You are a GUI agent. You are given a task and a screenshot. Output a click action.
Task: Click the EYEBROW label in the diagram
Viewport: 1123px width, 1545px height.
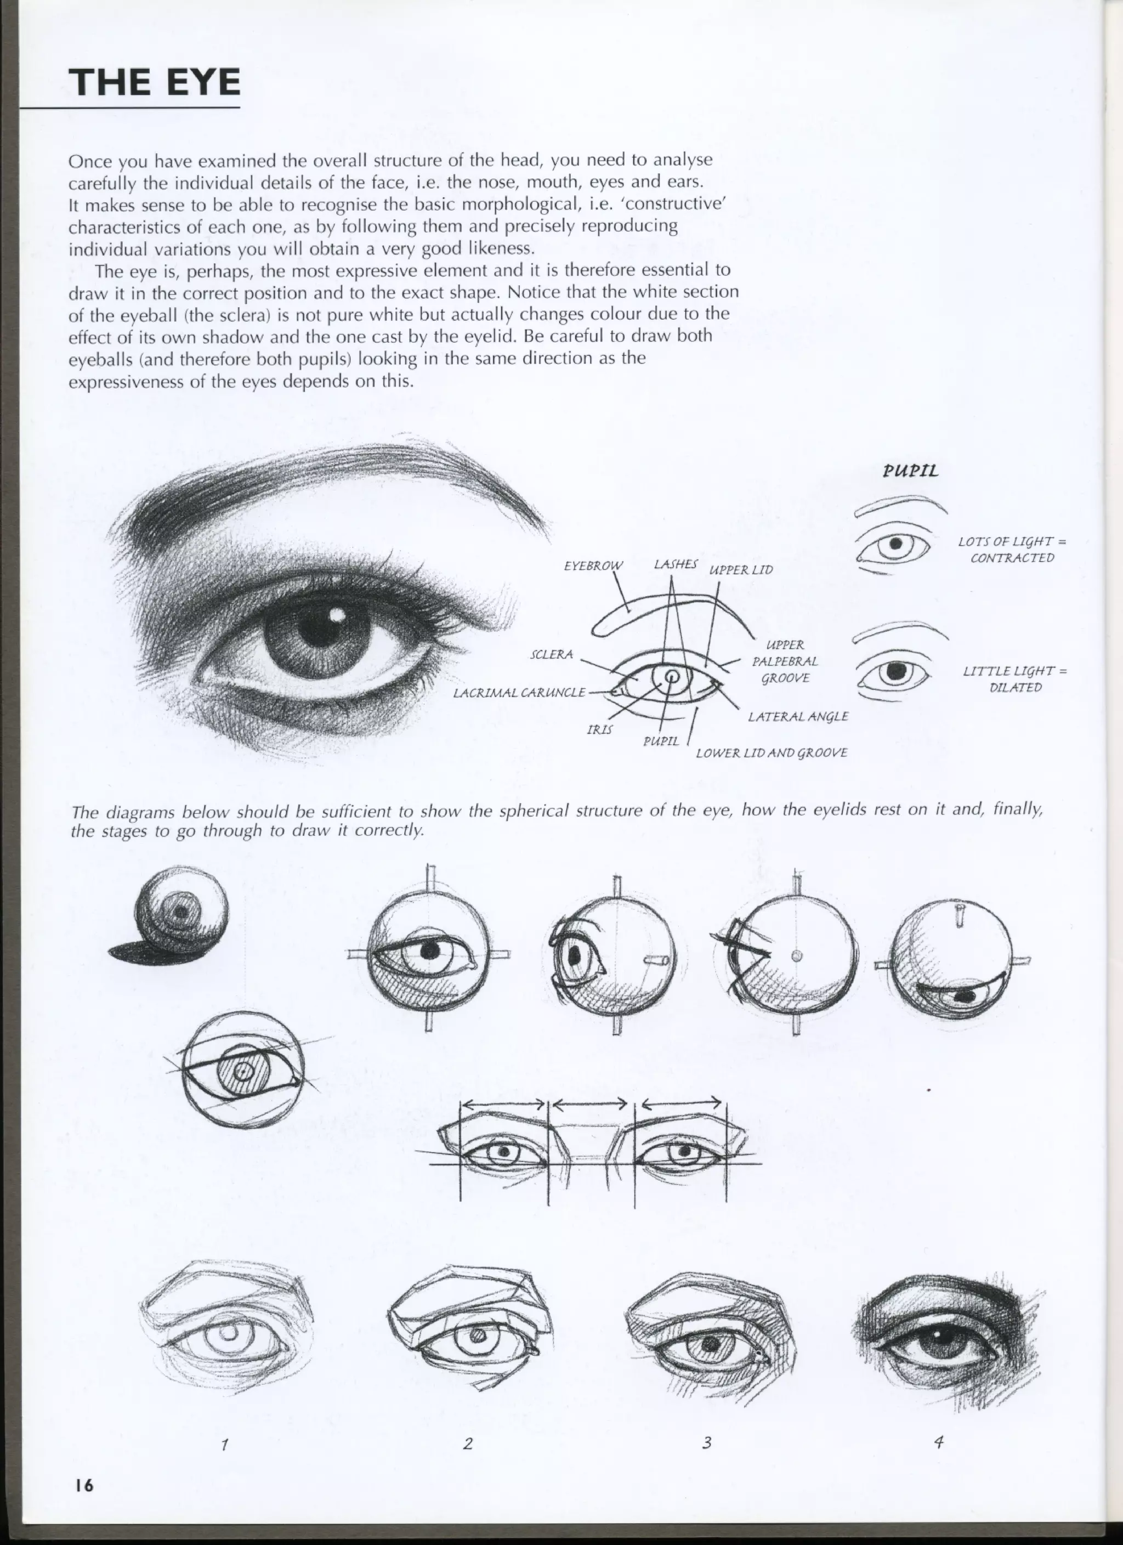point(593,565)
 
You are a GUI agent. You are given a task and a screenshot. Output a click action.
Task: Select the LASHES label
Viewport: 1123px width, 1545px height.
point(676,564)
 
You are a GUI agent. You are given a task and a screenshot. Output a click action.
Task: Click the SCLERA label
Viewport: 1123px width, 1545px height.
point(552,655)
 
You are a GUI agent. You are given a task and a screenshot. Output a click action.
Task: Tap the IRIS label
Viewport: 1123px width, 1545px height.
point(599,729)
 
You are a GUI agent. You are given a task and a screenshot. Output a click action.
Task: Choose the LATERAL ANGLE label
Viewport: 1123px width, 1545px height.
point(797,717)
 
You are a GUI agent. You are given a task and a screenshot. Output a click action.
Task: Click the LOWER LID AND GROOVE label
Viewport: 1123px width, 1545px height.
point(771,752)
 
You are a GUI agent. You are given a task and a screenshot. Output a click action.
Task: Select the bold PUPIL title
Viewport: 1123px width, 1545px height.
point(911,471)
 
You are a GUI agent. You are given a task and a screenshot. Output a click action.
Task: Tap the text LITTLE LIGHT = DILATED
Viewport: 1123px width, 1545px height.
point(1014,679)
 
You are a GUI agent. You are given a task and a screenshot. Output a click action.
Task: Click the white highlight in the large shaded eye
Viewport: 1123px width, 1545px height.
point(335,616)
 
